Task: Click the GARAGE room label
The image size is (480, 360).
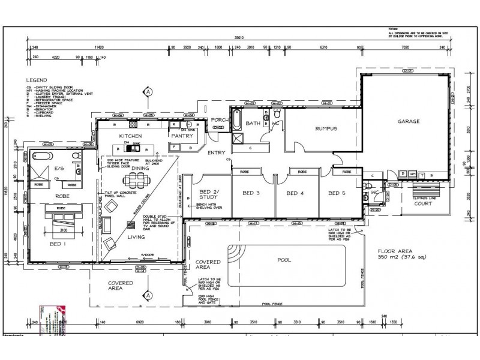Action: (408, 121)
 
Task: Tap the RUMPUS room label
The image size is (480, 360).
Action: (326, 128)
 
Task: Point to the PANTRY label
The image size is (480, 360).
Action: (181, 136)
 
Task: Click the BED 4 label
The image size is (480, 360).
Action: (295, 193)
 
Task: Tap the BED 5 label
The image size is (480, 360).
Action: (337, 193)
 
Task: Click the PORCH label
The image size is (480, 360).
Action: (220, 119)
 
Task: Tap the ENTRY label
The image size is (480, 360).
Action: (216, 153)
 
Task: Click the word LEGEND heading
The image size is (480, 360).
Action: (37, 80)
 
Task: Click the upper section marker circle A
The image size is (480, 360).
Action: (146, 92)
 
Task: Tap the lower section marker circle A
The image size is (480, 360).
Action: (146, 296)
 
